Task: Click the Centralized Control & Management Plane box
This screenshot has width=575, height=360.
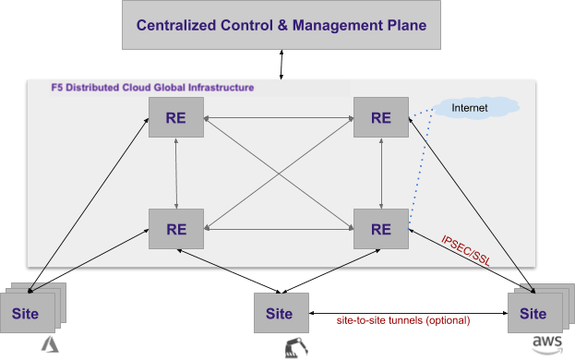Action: (x=282, y=26)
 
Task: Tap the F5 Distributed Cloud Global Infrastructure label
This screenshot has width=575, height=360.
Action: (x=152, y=88)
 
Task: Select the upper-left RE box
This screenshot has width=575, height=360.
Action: (x=176, y=117)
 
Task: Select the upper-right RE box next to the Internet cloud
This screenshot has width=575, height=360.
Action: (x=381, y=117)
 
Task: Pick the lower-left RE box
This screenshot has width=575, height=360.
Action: (x=176, y=227)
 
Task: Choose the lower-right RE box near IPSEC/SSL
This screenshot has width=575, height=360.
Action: (x=381, y=227)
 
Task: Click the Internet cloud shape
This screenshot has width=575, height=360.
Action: (x=472, y=109)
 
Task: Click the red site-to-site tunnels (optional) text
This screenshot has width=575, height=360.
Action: (x=402, y=319)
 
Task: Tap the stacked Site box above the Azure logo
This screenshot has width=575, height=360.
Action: (x=27, y=312)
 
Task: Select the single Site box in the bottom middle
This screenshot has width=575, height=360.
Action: (x=280, y=312)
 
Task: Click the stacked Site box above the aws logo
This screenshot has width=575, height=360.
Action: (x=533, y=312)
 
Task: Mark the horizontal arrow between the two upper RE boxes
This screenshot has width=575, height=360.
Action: (x=279, y=117)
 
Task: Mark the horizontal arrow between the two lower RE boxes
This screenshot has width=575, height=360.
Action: (x=279, y=228)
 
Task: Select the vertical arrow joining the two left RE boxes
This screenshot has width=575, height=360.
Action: (x=176, y=173)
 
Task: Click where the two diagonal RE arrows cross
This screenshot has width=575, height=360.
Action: (x=279, y=173)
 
